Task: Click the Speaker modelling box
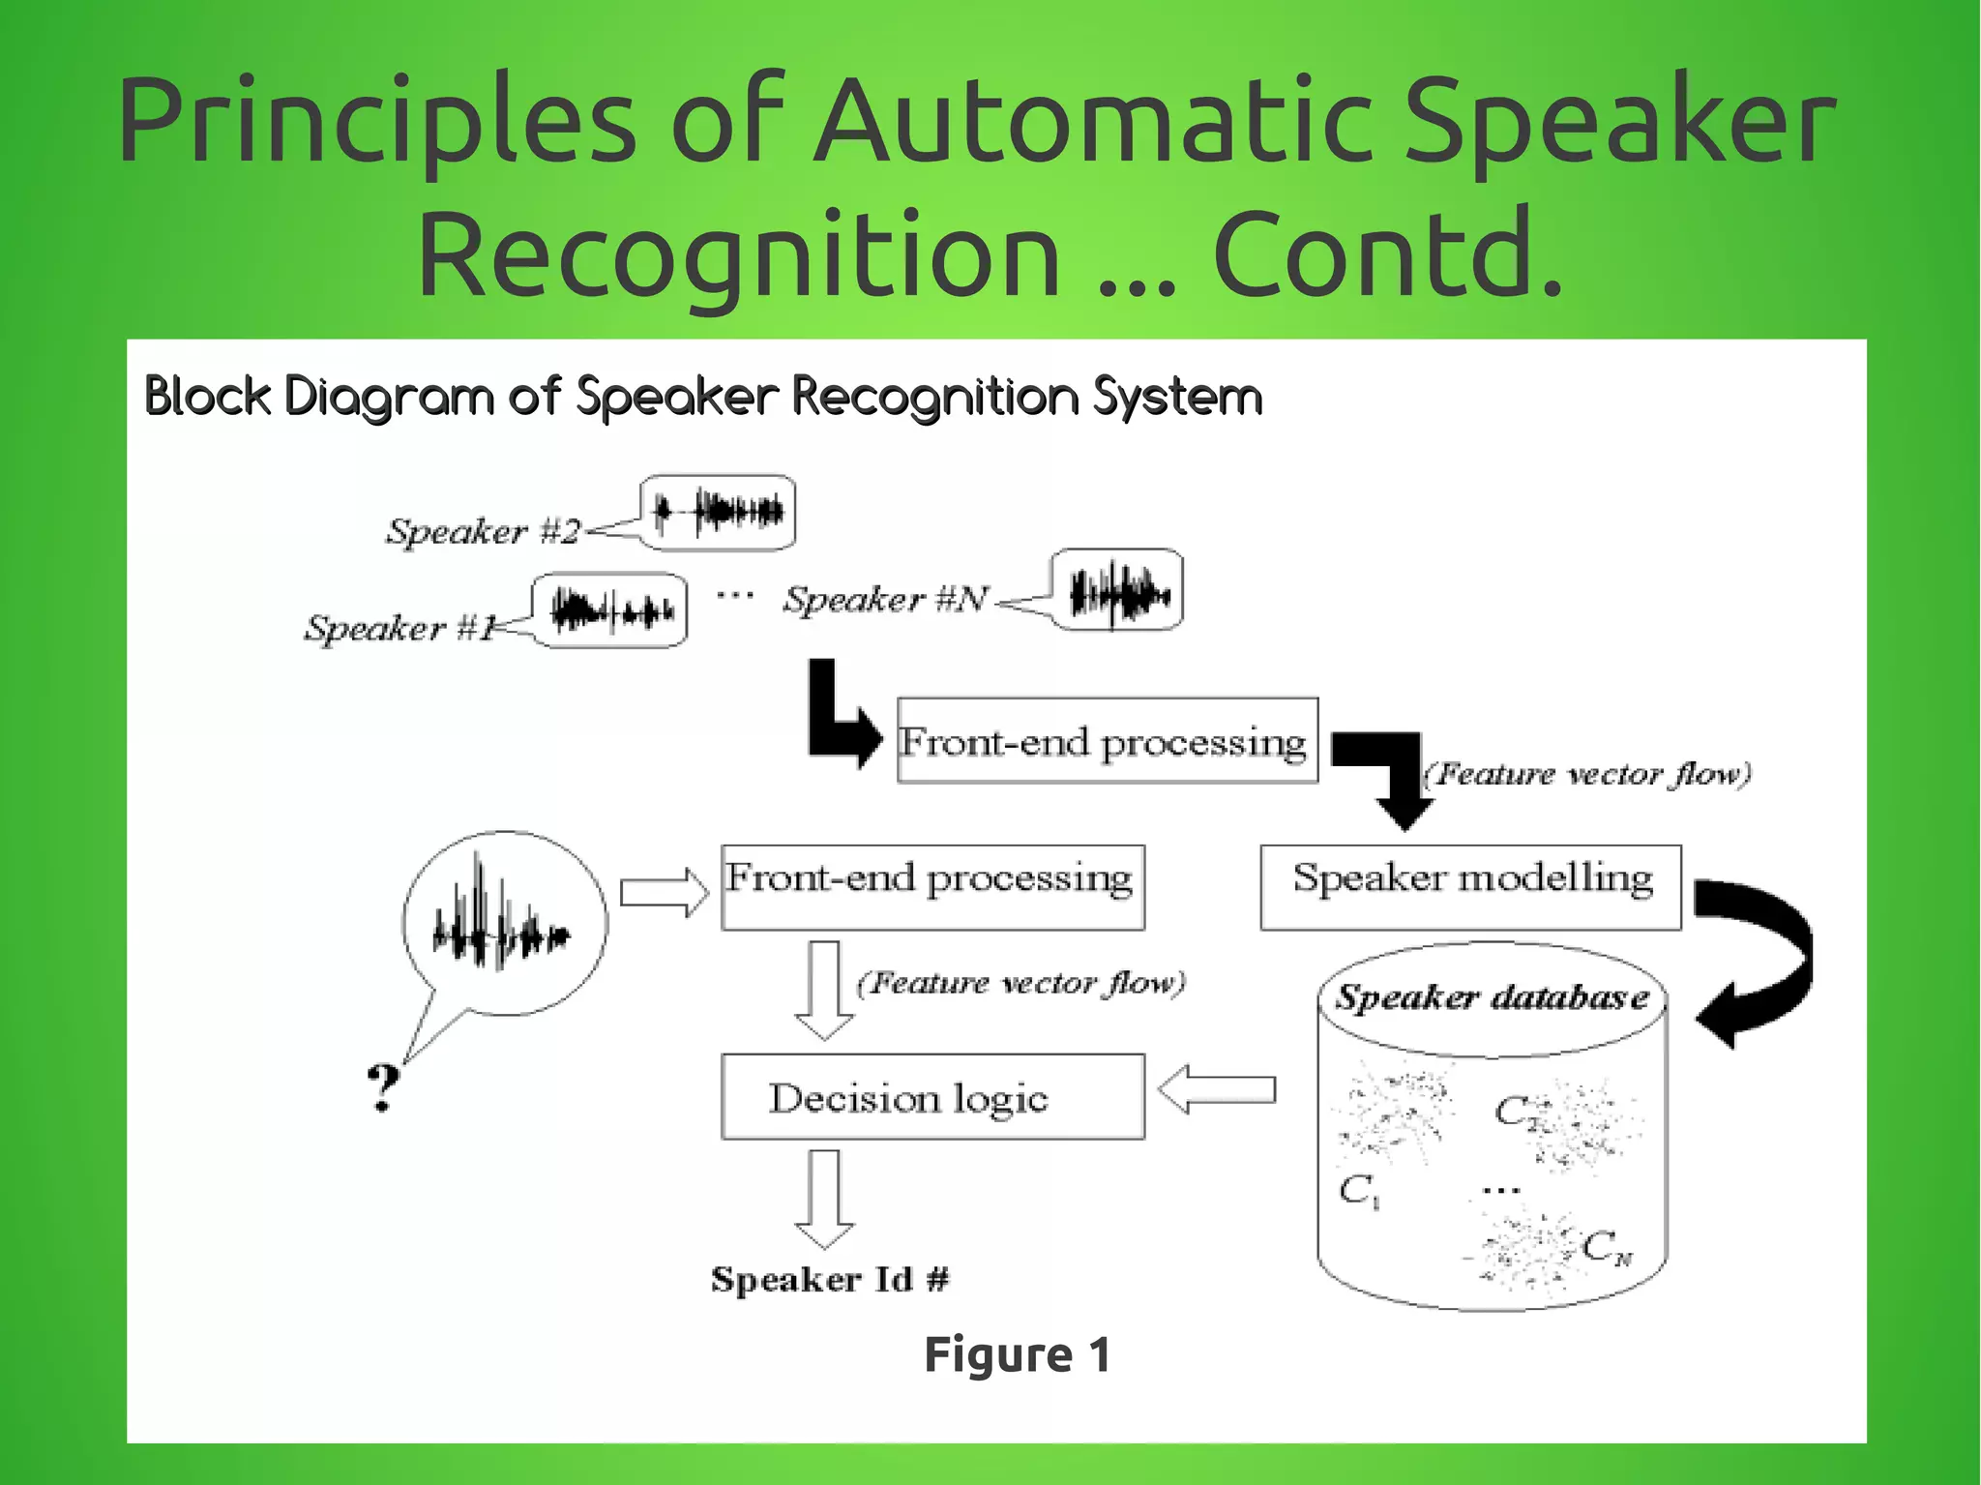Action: tap(1470, 886)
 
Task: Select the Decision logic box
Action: tap(932, 1096)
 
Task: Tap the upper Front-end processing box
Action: tap(1107, 740)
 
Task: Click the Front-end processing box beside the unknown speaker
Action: tap(932, 886)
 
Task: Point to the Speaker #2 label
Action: tap(483, 531)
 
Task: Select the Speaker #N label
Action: tap(885, 600)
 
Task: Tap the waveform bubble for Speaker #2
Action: tap(718, 512)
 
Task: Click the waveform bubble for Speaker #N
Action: tap(1116, 590)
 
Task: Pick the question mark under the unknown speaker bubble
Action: tap(383, 1087)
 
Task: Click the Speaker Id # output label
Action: tap(830, 1279)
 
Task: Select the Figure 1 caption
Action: tap(1017, 1353)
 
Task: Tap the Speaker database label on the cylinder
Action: tap(1492, 996)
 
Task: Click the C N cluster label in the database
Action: tap(1607, 1248)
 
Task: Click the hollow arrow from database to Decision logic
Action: tap(1216, 1089)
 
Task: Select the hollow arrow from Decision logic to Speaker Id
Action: tap(824, 1200)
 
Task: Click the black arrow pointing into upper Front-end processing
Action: tap(840, 718)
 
